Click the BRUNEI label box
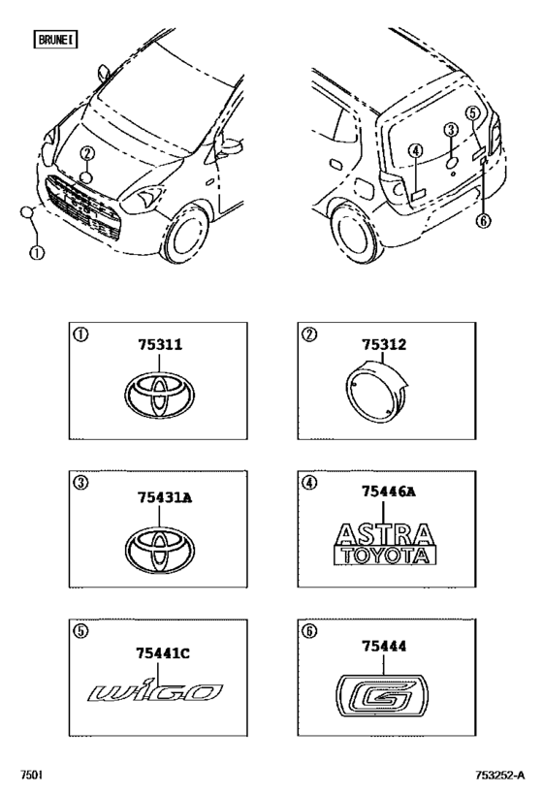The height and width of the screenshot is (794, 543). tap(55, 39)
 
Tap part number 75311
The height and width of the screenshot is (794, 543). tap(160, 344)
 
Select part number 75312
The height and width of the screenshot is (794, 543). tap(384, 344)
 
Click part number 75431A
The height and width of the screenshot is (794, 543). tap(165, 497)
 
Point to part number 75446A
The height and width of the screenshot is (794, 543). tap(389, 492)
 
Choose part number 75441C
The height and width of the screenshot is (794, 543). tap(163, 653)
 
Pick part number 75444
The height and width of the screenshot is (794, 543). tap(384, 646)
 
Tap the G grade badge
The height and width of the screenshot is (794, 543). tap(382, 696)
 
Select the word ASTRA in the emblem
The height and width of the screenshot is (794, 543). tap(384, 535)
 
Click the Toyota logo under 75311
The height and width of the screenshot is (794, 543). tap(160, 395)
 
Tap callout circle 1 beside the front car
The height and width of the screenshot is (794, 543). tap(36, 252)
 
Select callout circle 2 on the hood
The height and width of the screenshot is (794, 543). tap(87, 153)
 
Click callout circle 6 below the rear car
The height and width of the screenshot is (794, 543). tap(484, 221)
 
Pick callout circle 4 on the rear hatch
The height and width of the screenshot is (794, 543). tap(415, 150)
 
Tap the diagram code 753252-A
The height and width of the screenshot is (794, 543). tap(499, 775)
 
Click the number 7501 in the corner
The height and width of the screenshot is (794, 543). tap(31, 775)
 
